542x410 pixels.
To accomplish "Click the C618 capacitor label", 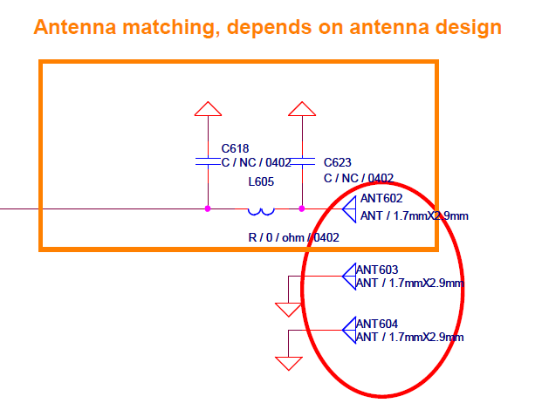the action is (235, 148).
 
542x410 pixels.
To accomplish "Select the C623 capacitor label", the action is (338, 162).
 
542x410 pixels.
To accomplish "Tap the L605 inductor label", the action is (261, 181).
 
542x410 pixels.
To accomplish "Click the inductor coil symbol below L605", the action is (261, 211).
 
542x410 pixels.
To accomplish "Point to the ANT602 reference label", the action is (381, 198).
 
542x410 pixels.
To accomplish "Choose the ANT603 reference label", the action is (377, 270).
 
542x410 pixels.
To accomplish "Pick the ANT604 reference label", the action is (377, 324).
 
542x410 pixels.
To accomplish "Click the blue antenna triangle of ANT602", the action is (349, 209).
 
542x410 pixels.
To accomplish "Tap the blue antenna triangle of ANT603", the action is (349, 277).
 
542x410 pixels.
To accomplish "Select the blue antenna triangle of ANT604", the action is (349, 331).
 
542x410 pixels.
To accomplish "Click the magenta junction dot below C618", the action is (208, 208).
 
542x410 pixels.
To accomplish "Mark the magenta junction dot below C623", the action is (302, 208).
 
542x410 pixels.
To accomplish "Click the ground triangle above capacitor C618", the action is (208, 109).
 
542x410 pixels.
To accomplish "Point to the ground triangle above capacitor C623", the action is (302, 109).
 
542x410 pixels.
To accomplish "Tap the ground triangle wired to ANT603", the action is (289, 310).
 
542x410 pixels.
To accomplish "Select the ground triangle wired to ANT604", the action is (289, 364).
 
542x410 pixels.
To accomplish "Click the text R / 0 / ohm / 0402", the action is (294, 237).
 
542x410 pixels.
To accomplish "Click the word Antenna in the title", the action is (75, 27).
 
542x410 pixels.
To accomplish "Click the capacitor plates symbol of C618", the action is (208, 161).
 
